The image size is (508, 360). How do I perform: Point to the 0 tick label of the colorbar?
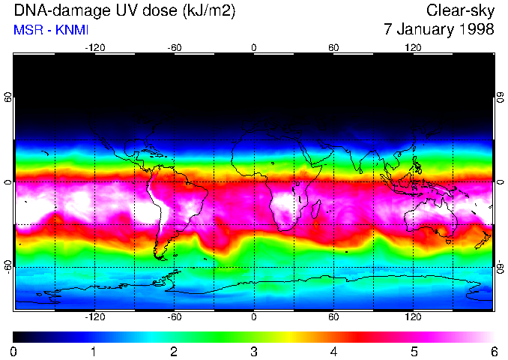click(x=13, y=351)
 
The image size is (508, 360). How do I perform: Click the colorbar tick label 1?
click(x=94, y=351)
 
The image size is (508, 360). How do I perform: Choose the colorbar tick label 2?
click(x=173, y=351)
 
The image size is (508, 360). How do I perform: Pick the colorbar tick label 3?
click(x=253, y=351)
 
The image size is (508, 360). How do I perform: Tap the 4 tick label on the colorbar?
click(x=333, y=351)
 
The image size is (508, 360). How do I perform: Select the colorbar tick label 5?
click(x=414, y=351)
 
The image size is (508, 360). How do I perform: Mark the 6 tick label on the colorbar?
click(x=493, y=351)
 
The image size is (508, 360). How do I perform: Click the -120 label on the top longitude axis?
click(x=94, y=47)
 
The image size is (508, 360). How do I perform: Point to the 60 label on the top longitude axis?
click(x=334, y=47)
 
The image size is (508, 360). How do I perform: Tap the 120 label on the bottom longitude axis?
click(x=414, y=316)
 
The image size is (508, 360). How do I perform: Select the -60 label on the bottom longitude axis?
click(x=174, y=316)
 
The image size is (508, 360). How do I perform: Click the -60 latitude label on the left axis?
click(x=7, y=265)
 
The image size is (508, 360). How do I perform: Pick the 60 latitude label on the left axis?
click(x=7, y=97)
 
